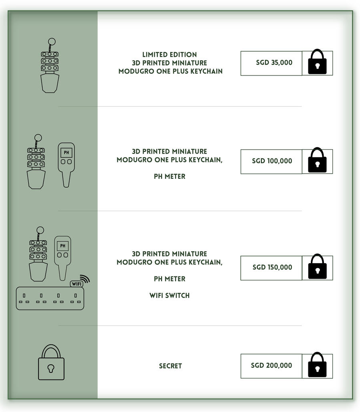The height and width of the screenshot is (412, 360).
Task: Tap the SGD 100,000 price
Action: pos(272,161)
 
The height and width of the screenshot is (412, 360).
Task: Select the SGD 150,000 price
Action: pos(272,267)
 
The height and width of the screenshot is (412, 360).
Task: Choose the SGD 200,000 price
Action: pos(272,366)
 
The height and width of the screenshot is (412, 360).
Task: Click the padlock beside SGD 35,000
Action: pos(317,62)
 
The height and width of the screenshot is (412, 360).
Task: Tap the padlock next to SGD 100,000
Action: pos(317,161)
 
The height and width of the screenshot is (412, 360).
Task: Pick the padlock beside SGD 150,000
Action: pos(317,267)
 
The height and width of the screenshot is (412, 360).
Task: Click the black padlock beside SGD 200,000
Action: pos(317,365)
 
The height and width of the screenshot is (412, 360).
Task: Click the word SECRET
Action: pos(170,366)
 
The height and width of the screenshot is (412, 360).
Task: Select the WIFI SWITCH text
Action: pos(169,296)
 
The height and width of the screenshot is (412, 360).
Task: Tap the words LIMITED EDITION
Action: pos(169,54)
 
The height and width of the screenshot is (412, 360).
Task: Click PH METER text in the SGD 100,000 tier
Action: pos(169,176)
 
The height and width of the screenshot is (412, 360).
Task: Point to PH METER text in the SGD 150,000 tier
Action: pos(169,279)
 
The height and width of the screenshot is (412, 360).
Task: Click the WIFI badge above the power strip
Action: pos(76,284)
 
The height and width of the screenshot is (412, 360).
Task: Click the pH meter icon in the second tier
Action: pos(66,164)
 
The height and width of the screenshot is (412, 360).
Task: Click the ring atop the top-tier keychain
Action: pos(52,42)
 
